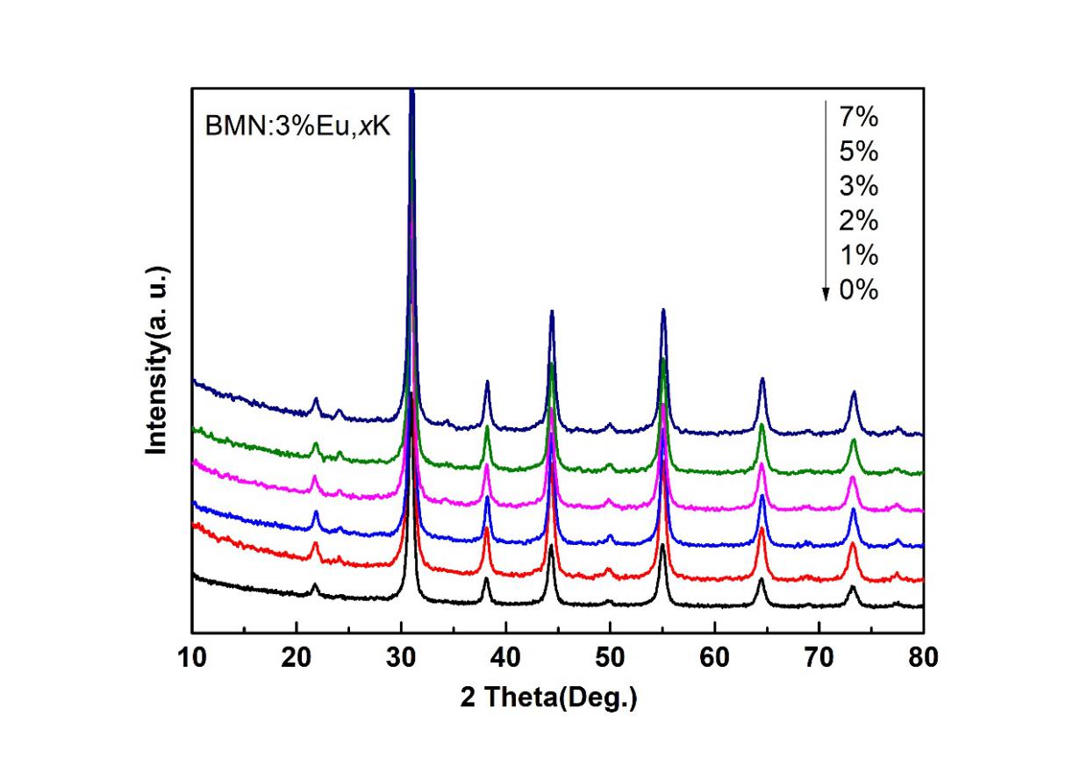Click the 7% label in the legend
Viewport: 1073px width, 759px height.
click(859, 117)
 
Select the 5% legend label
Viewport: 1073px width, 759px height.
click(859, 151)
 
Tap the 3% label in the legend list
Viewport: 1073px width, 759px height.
click(859, 186)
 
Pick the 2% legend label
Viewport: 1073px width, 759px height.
click(859, 220)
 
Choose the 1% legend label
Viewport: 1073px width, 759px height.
click(859, 255)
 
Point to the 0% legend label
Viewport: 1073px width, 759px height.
click(859, 290)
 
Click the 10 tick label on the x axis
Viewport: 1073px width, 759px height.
click(192, 657)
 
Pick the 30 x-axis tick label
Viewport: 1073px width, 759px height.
click(401, 657)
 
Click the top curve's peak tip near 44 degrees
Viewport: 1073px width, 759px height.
click(551, 311)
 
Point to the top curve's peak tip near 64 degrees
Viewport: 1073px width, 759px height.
click(762, 379)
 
